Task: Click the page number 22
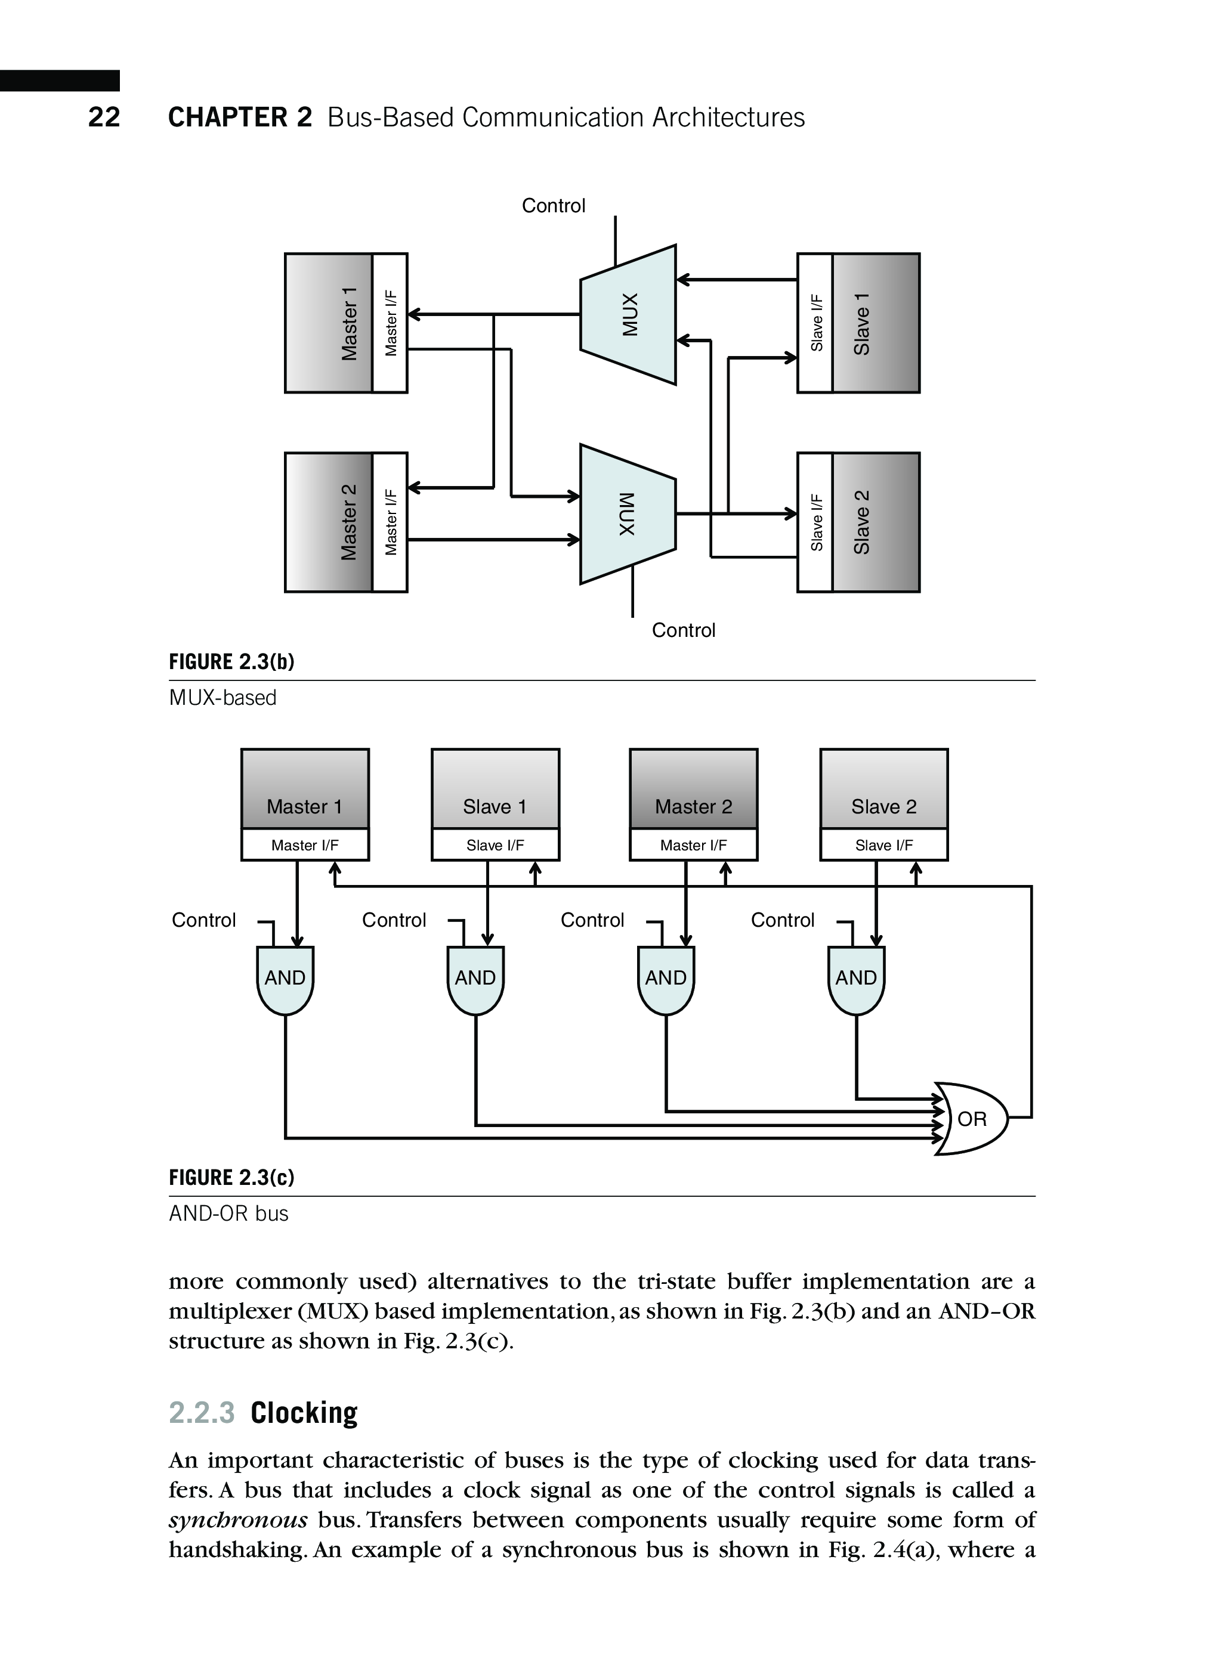click(104, 117)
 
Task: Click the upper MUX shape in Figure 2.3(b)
click(628, 314)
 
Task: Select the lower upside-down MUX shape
click(628, 513)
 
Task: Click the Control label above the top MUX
click(554, 206)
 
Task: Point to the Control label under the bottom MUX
click(683, 630)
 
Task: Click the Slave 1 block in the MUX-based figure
click(875, 323)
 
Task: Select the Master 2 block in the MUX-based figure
click(329, 522)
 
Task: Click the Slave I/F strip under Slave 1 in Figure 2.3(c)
click(496, 846)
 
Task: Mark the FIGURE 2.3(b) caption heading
click(231, 663)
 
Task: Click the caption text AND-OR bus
click(228, 1214)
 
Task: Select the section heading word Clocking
click(304, 1413)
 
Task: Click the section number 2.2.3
click(202, 1413)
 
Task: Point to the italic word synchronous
click(238, 1520)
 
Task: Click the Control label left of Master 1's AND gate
click(204, 920)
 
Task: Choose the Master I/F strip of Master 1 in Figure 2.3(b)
click(391, 323)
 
